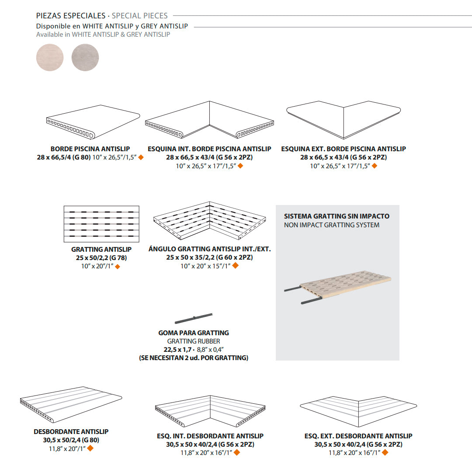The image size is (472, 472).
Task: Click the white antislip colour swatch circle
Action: [x=50, y=58]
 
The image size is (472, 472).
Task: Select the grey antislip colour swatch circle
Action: [x=85, y=58]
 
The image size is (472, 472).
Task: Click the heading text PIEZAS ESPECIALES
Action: [x=71, y=16]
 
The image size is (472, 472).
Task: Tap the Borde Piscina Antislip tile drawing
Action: [x=94, y=122]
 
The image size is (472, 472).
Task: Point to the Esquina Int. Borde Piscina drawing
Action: [x=209, y=120]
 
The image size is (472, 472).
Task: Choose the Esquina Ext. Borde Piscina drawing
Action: [x=344, y=120]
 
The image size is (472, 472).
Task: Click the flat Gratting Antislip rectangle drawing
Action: [x=101, y=224]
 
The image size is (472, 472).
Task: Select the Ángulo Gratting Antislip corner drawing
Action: [x=209, y=221]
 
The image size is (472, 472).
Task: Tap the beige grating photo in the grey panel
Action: [x=338, y=287]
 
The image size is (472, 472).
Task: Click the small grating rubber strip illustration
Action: [x=194, y=319]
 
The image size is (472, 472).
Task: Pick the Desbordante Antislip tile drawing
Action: [x=71, y=404]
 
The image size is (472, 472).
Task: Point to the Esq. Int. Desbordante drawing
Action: [x=210, y=411]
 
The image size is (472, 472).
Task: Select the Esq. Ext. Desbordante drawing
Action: [x=358, y=411]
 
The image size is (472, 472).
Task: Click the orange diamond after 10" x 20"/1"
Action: [x=118, y=267]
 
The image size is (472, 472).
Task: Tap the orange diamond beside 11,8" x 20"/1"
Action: [x=90, y=448]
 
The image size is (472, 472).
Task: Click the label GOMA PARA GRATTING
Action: [x=194, y=333]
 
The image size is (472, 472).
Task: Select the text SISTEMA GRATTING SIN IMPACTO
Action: [x=337, y=216]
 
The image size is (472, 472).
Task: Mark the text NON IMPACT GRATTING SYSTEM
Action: [x=332, y=225]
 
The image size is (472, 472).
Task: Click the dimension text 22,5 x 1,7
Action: [x=177, y=350]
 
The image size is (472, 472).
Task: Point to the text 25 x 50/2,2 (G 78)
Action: [x=101, y=258]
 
